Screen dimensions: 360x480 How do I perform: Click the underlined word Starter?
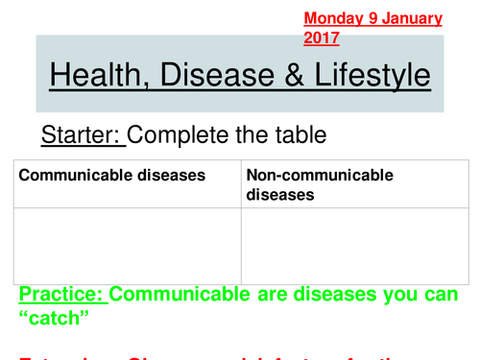click(83, 134)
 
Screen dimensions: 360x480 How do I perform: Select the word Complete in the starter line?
click(180, 134)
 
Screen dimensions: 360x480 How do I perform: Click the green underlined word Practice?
click(62, 292)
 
